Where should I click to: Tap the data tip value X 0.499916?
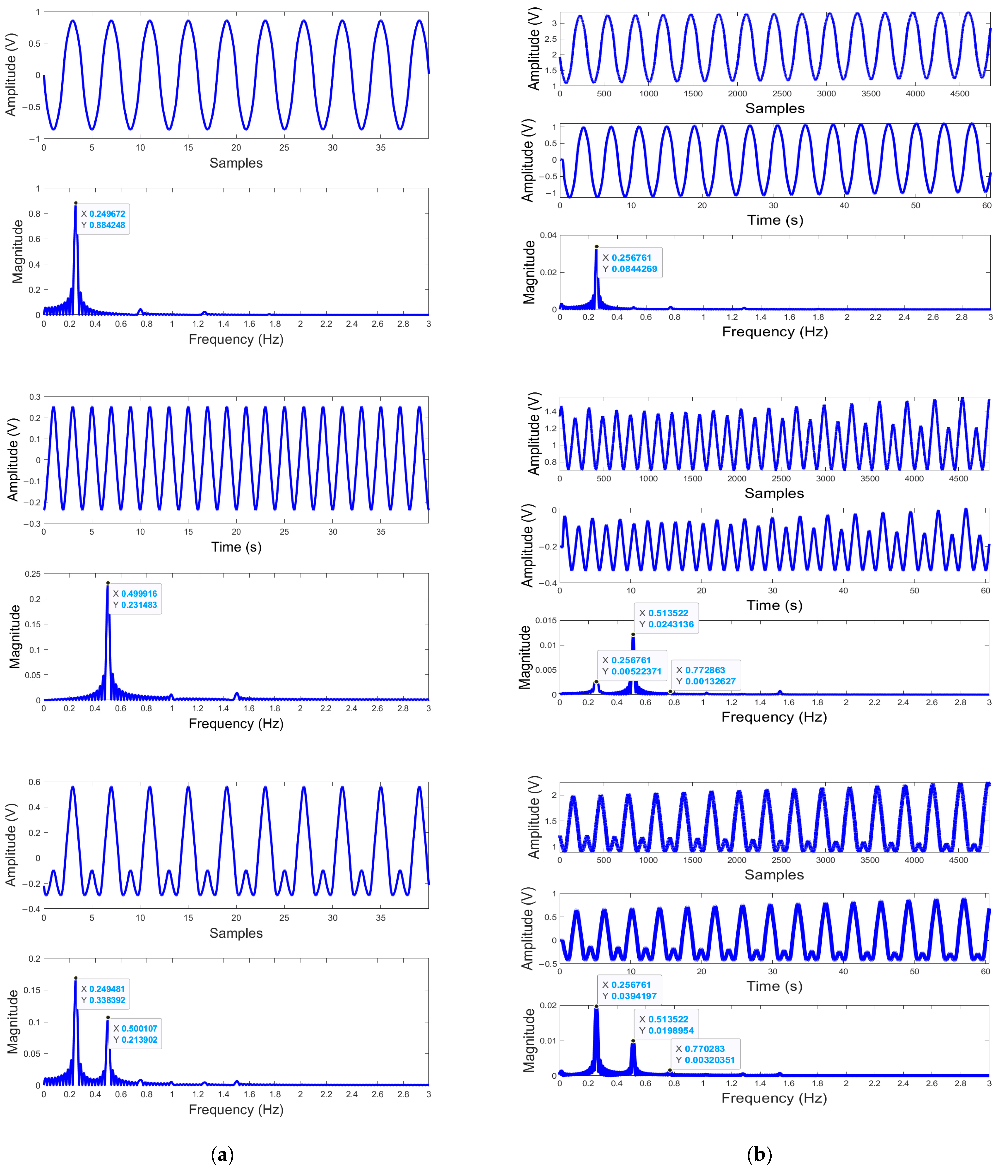(139, 594)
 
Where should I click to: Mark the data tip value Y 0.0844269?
(634, 269)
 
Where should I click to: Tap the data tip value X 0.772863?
(705, 670)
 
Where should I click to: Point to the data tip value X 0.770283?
(704, 1048)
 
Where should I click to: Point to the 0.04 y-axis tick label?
(548, 235)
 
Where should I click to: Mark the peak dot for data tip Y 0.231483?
(108, 583)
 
